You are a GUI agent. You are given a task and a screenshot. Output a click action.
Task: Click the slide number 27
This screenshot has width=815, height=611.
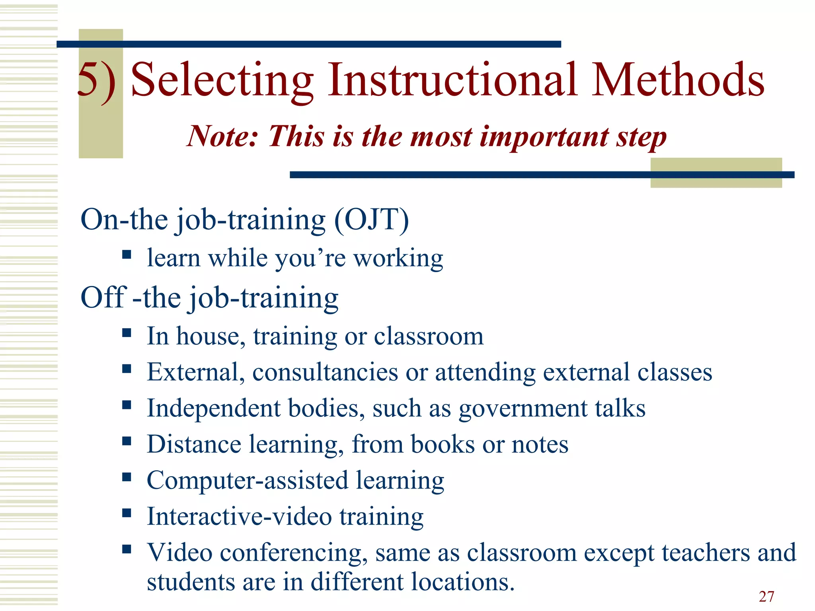(x=766, y=596)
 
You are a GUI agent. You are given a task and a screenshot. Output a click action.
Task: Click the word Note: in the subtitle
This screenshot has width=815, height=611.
(x=223, y=136)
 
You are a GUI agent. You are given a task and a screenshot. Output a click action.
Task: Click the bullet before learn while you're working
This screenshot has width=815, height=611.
(x=127, y=255)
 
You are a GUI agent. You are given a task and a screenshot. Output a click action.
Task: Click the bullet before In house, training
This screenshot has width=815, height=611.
(x=127, y=333)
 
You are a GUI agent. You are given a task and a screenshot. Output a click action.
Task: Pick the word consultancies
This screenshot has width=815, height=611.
(x=325, y=372)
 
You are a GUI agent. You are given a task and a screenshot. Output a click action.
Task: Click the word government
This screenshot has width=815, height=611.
(x=523, y=409)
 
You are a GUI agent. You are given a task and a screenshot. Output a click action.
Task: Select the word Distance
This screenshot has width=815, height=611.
(x=194, y=444)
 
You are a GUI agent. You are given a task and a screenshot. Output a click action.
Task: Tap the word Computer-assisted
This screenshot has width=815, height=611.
(x=247, y=481)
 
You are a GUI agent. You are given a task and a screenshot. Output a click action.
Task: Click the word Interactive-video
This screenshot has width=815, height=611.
(x=239, y=517)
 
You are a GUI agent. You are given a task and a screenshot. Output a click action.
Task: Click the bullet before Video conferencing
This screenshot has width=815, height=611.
(x=127, y=549)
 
